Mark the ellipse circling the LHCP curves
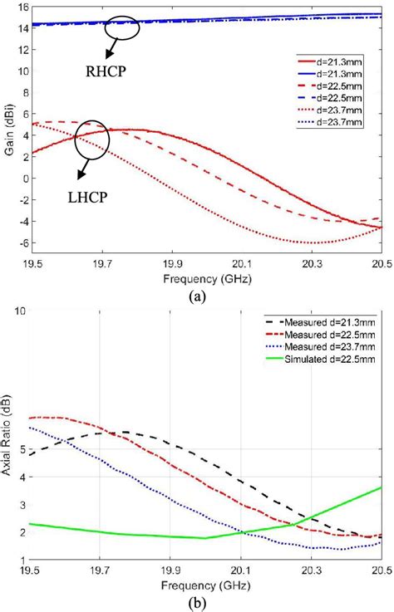(92, 143)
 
